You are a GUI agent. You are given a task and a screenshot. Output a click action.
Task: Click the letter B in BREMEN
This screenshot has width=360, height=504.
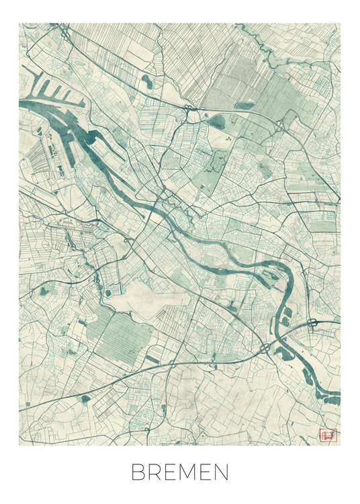tap(138, 472)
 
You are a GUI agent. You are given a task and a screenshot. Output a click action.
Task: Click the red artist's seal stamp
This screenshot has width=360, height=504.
tap(327, 436)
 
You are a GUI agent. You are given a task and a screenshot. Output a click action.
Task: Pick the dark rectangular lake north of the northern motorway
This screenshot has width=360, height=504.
tap(244, 106)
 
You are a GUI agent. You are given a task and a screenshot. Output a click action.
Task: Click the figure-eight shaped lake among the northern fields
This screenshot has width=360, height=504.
tap(146, 82)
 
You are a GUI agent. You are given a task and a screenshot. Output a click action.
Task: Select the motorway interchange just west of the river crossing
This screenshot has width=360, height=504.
tap(267, 348)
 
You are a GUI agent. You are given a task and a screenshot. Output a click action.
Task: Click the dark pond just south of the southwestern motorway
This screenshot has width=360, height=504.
tap(85, 399)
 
